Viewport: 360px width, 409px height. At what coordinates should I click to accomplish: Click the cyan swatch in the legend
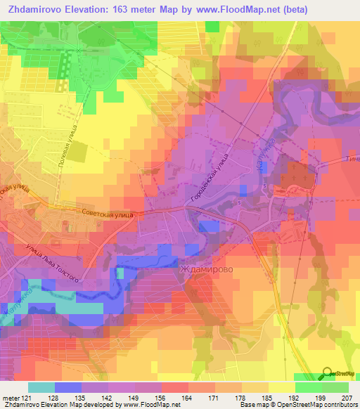pyautogui.click(x=41, y=388)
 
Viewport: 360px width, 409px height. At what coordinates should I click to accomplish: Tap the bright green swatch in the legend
pyautogui.click(x=307, y=388)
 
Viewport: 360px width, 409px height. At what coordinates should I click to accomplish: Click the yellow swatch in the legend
pyautogui.click(x=282, y=388)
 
